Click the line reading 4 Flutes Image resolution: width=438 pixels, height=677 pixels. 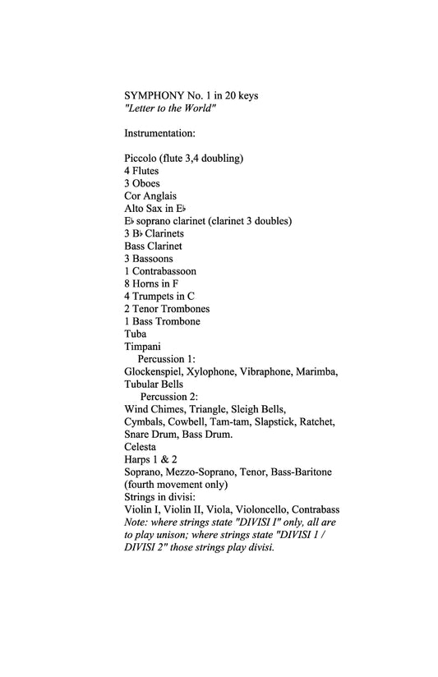pyautogui.click(x=142, y=171)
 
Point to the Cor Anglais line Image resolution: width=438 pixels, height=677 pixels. pyautogui.click(x=150, y=196)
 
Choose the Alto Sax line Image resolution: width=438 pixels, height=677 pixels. pyautogui.click(x=155, y=209)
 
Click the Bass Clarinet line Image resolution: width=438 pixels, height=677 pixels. pyautogui.click(x=153, y=246)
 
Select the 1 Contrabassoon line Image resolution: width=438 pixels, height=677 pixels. pyautogui.click(x=160, y=271)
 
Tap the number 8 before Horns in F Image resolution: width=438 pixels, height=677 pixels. pyautogui.click(x=127, y=283)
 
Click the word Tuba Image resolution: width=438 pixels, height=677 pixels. pyautogui.click(x=136, y=334)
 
